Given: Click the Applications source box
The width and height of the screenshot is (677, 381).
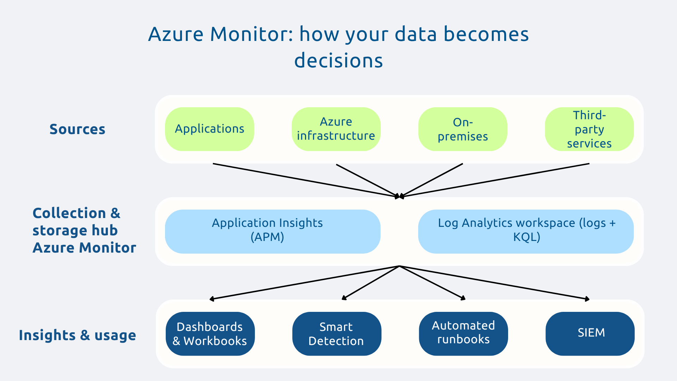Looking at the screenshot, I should click(209, 129).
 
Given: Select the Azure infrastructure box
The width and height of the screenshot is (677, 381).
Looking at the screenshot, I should click(336, 129).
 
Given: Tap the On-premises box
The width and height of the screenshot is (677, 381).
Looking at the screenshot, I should click(463, 129).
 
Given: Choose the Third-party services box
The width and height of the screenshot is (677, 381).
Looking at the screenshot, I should click(589, 129).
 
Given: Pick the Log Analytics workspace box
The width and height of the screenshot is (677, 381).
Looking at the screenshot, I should click(526, 231).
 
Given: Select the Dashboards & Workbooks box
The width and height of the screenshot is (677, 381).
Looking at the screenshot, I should click(210, 334).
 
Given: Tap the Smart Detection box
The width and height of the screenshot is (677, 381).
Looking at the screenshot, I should click(336, 334).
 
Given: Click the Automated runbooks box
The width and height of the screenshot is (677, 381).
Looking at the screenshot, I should click(463, 334).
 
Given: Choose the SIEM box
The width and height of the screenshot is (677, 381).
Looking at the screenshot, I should click(590, 334).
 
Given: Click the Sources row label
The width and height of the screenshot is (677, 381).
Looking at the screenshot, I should click(77, 129).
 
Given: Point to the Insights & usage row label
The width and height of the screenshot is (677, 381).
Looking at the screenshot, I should click(77, 335).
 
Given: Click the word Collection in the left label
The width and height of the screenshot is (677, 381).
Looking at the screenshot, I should click(69, 213).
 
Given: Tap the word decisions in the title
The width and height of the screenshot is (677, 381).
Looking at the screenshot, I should click(338, 61).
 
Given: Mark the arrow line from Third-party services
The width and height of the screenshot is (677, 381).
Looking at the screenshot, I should click(494, 180).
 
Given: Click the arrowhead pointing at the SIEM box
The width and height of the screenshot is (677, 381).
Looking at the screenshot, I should click(587, 299).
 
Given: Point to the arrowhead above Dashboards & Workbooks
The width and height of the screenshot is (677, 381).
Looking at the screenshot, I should click(212, 299).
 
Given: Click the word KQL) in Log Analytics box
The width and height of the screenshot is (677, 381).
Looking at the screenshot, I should click(526, 237).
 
